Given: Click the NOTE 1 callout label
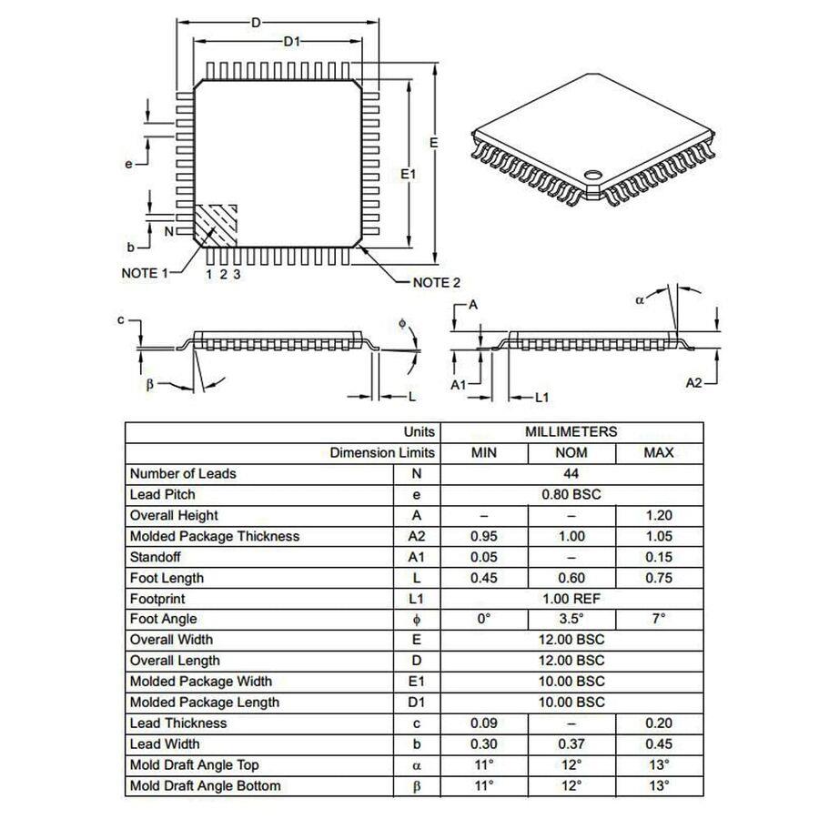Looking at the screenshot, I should (x=145, y=273).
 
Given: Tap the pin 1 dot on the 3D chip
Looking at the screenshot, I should (x=593, y=172).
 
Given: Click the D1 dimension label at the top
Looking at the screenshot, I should (x=291, y=41).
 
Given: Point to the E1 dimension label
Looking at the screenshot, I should (x=409, y=173).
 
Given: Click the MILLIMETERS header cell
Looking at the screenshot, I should (x=571, y=431).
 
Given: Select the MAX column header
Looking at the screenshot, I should (x=659, y=452).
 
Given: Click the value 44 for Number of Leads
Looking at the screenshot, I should (x=571, y=473).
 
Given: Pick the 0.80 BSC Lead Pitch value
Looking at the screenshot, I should (x=571, y=494).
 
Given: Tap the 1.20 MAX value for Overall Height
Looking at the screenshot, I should (x=659, y=515).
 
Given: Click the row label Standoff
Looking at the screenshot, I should (x=159, y=557).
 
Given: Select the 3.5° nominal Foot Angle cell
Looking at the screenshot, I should (x=571, y=619).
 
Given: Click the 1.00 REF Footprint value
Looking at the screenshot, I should (x=571, y=599).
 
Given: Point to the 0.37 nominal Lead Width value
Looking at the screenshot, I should (x=571, y=743).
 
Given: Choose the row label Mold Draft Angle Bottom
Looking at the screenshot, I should (x=205, y=785).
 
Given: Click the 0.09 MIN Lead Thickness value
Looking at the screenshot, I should (x=483, y=723).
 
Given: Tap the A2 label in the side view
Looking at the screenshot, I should (x=694, y=383).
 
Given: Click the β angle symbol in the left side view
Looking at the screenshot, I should (x=151, y=384).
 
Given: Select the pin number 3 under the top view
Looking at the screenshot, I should (x=238, y=274).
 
